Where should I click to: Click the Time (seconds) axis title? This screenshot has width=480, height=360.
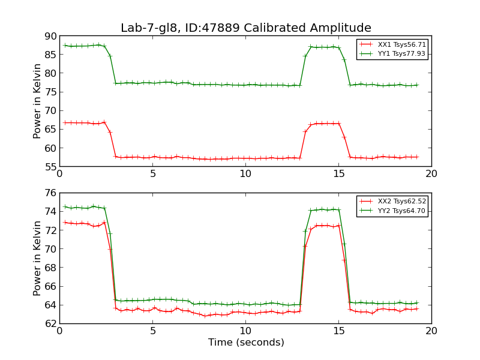tap(246, 343)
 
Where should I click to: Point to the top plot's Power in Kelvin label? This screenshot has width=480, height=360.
tap(37, 101)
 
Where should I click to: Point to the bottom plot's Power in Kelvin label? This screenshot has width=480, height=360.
tap(37, 258)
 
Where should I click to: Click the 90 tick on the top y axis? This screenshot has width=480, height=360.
tap(49, 36)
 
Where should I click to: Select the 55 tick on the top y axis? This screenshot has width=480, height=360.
tap(49, 167)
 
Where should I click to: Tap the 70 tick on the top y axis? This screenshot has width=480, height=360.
tap(49, 111)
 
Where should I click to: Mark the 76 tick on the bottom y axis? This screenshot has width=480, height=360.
tap(49, 193)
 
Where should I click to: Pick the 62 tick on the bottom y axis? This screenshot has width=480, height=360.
tap(49, 323)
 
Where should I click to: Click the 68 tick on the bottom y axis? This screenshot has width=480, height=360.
tap(49, 268)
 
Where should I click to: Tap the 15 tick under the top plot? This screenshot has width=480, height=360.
tap(338, 174)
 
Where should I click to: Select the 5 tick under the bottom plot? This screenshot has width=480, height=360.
tap(152, 331)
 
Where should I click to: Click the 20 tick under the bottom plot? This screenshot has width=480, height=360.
tap(431, 331)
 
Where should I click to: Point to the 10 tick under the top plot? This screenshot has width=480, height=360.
tap(245, 174)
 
